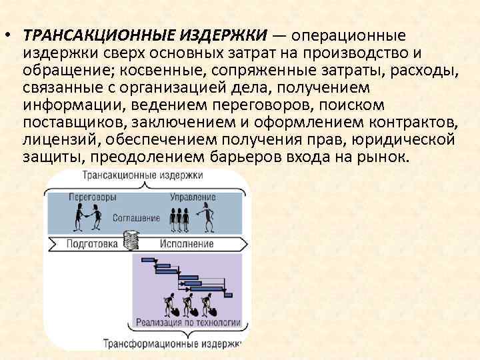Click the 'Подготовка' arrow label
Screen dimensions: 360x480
[x=91, y=243]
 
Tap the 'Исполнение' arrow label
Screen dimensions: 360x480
[x=187, y=243]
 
